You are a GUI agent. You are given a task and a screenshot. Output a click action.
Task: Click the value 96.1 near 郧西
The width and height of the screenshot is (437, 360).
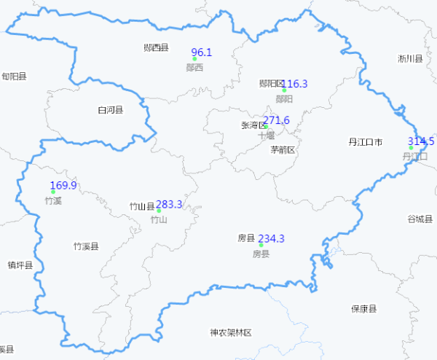(x=201, y=52)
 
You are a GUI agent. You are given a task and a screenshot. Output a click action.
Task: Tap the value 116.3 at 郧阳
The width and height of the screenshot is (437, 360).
(x=295, y=84)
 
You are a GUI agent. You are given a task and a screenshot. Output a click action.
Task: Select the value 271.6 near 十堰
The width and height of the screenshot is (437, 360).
(x=277, y=120)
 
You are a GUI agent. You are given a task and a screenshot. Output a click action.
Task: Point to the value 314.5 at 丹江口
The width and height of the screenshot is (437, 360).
(x=421, y=141)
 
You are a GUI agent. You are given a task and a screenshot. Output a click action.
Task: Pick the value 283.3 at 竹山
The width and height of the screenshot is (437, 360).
(x=169, y=205)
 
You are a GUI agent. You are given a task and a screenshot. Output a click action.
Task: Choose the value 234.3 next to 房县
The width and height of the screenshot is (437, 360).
(x=271, y=238)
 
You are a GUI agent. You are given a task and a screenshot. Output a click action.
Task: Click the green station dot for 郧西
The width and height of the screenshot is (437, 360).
(x=194, y=58)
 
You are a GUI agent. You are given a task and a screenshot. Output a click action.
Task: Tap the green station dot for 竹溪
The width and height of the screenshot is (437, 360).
(x=53, y=192)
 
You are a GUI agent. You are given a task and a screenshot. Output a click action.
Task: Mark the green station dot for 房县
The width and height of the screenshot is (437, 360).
(x=261, y=245)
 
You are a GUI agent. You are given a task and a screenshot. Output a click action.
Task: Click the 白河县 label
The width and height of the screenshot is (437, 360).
(x=110, y=111)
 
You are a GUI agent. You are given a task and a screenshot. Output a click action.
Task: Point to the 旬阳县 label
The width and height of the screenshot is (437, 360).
(x=14, y=76)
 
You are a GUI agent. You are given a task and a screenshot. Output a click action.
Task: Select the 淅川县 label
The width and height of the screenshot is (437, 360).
(x=410, y=58)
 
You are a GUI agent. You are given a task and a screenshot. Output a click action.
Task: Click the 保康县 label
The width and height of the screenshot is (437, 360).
(x=363, y=308)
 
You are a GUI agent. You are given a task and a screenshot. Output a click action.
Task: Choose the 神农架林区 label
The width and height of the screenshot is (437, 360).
(x=230, y=332)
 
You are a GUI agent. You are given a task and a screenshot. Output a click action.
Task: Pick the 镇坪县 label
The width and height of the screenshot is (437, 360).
(x=20, y=265)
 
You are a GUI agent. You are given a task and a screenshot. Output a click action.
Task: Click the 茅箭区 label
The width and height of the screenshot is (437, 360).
(x=283, y=150)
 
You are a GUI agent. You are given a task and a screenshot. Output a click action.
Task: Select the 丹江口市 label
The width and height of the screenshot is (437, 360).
(x=365, y=142)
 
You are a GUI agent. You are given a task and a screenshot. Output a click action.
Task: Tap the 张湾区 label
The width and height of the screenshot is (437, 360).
(x=253, y=125)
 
